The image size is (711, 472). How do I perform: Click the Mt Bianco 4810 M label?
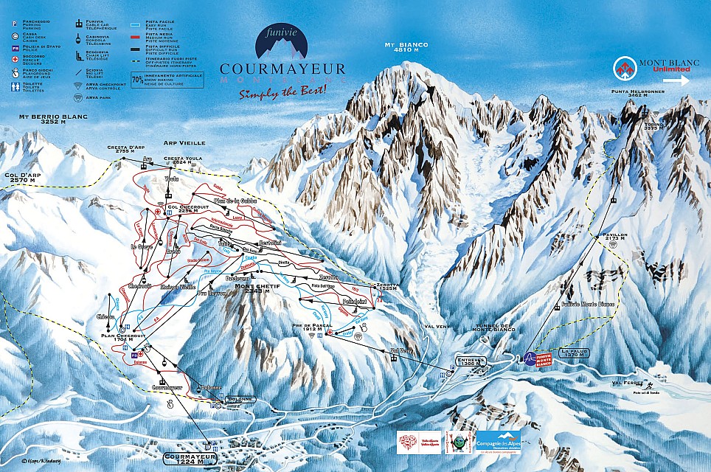click(406, 47)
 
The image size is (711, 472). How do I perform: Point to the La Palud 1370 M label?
click(576, 354)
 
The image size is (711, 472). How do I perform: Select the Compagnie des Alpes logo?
click(498, 443)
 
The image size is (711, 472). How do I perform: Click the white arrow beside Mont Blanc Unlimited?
click(681, 80)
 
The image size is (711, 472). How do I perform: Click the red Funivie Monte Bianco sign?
click(544, 358)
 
